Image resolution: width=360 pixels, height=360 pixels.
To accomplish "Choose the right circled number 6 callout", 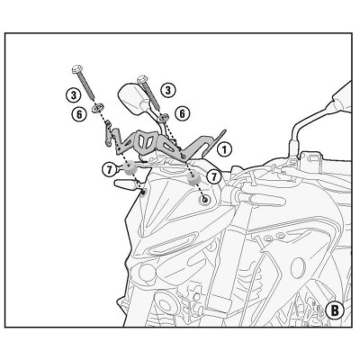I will (182, 113).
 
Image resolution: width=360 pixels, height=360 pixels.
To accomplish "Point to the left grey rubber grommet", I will (130, 167).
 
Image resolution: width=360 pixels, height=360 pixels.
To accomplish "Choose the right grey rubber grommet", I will (193, 176).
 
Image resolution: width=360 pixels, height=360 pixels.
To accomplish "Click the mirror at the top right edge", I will (342, 94).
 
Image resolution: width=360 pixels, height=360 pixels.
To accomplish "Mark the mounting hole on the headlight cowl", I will (206, 198).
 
